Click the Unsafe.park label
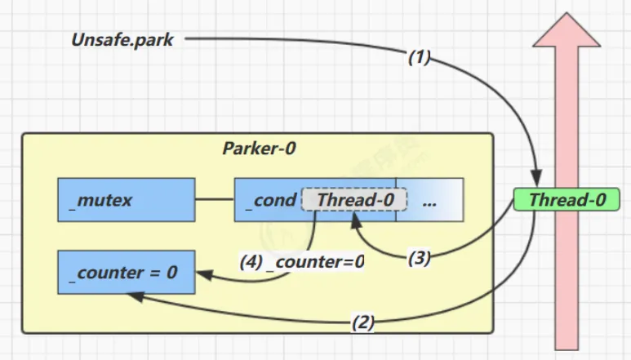point(122,38)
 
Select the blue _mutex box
point(126,199)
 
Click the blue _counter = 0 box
point(126,272)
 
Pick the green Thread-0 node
point(567,199)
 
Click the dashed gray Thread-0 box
point(354,199)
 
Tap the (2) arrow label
point(363,322)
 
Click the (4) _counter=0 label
point(302,263)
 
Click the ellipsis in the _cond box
point(429,199)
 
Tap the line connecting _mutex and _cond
point(215,199)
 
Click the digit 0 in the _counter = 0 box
point(171,272)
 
